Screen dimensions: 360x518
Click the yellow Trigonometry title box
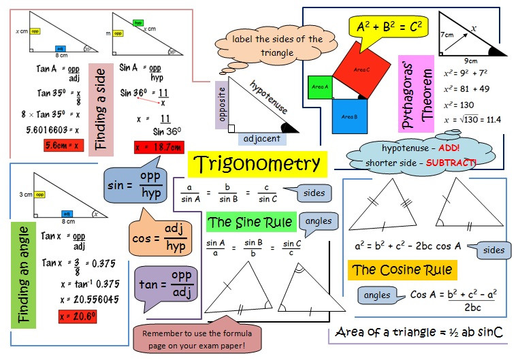(257, 164)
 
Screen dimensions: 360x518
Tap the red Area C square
(361, 69)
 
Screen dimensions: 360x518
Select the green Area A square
(320, 87)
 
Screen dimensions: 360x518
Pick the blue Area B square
(351, 116)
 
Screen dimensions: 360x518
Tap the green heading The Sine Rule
(251, 223)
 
